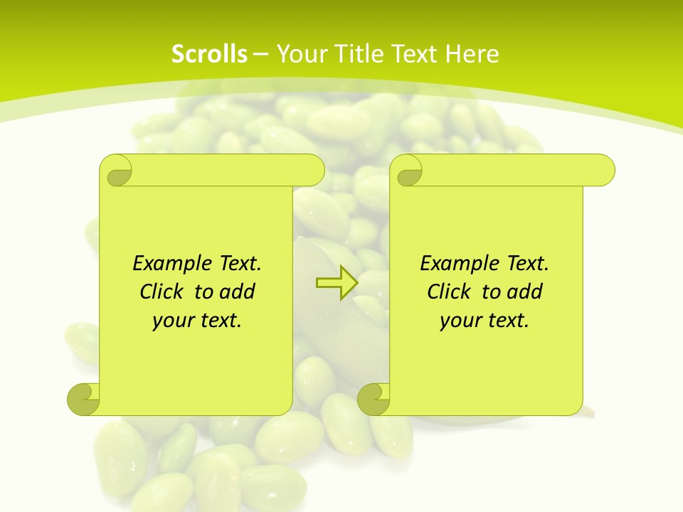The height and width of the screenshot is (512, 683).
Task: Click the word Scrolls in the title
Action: tap(210, 54)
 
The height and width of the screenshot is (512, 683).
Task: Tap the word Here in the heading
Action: tap(472, 54)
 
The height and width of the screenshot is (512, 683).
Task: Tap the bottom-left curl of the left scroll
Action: tap(84, 399)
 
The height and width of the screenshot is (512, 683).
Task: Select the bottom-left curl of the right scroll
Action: tap(374, 399)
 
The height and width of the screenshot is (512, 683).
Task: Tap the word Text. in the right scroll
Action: tap(526, 264)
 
